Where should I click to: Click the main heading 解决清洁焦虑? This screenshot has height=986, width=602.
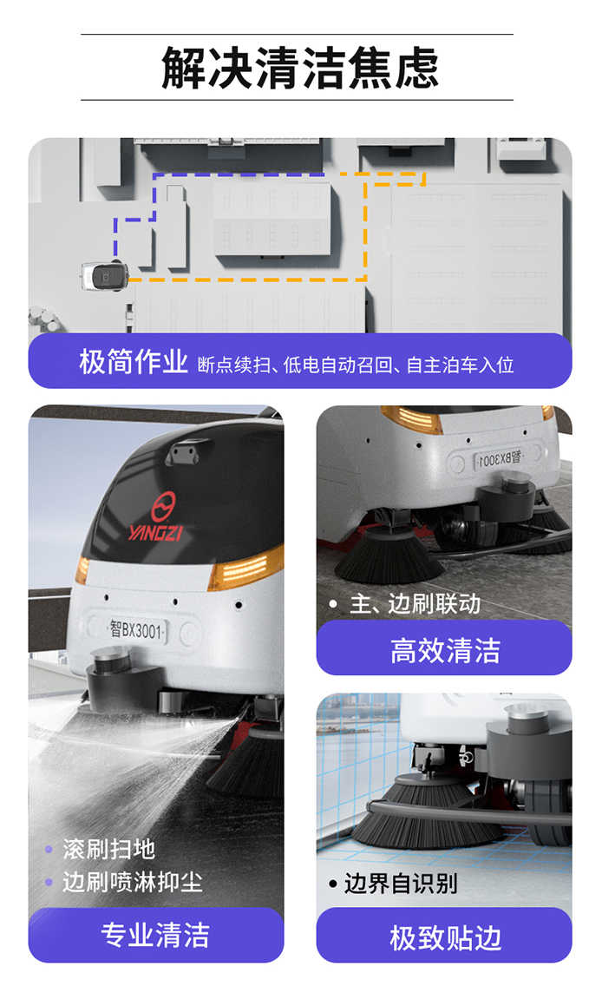[x=300, y=68]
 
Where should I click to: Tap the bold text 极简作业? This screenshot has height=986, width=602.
[x=134, y=362]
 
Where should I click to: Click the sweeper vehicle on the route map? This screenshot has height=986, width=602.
[x=105, y=276]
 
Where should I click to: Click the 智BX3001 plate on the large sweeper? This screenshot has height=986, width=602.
[x=136, y=628]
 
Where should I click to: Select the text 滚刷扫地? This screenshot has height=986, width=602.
[x=108, y=849]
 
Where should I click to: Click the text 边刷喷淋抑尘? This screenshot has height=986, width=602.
[x=132, y=882]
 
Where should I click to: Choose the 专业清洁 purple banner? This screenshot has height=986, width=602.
[x=156, y=935]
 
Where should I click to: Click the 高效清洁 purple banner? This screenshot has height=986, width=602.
[x=444, y=649]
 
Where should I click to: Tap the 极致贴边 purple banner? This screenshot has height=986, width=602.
[x=444, y=937]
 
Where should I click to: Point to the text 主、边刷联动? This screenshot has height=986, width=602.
[x=416, y=604]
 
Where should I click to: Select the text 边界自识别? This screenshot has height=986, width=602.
[x=400, y=884]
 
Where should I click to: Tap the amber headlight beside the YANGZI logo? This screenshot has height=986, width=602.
[x=245, y=568]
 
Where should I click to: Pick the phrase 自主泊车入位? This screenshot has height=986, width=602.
[x=460, y=365]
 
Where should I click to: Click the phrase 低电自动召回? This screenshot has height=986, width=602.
[x=337, y=365]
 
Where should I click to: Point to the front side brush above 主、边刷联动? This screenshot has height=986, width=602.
[x=389, y=554]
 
